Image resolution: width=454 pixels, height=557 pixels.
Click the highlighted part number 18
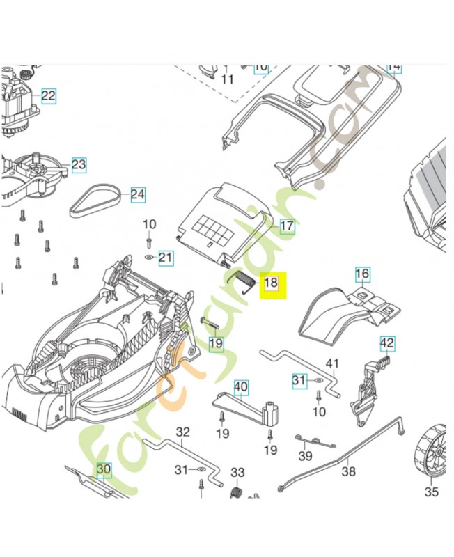click(x=271, y=283)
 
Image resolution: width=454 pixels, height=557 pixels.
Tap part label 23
click(x=79, y=165)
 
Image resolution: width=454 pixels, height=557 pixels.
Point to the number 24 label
click(x=138, y=194)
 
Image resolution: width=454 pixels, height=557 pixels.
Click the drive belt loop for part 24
click(x=97, y=200)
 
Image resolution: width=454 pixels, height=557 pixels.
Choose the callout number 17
click(x=287, y=226)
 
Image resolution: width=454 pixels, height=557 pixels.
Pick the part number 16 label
click(x=362, y=274)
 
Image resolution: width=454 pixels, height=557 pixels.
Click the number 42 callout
click(x=387, y=343)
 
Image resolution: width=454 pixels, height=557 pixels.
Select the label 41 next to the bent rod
click(x=332, y=363)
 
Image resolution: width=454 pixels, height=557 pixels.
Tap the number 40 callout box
click(x=240, y=386)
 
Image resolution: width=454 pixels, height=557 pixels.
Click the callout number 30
click(x=104, y=470)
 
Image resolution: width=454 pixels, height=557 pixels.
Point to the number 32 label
click(x=182, y=432)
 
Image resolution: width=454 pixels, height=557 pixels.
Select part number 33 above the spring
click(x=237, y=473)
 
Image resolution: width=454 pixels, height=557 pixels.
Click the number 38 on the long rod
click(x=348, y=471)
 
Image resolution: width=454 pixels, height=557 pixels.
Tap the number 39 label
click(x=305, y=456)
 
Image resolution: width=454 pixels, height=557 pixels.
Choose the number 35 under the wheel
click(x=432, y=492)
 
